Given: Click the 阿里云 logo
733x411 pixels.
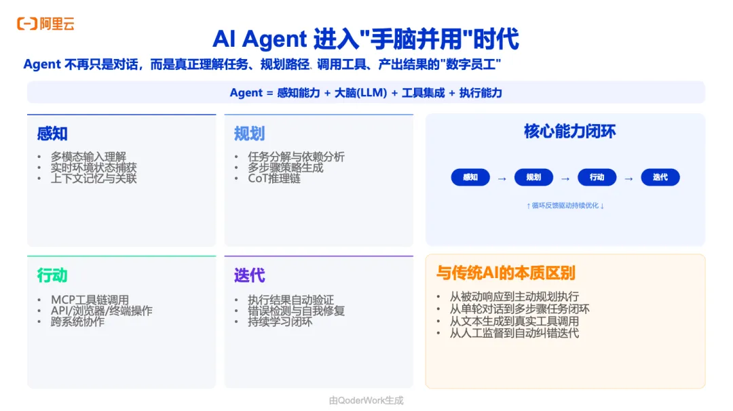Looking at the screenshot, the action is coord(45,24).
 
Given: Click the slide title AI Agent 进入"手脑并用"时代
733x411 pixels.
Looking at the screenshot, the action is coord(366,39).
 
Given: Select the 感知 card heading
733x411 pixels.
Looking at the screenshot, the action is coord(52,134).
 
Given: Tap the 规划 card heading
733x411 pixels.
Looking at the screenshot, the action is coord(249,134).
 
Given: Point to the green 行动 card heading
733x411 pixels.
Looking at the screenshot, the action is coord(52,276).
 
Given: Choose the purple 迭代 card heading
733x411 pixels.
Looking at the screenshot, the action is coord(249,276).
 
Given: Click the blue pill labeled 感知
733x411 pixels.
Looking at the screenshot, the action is coord(470,178).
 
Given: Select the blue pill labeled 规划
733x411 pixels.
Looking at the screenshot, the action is coord(533,178).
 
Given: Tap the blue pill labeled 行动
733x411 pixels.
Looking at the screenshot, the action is coord(597,178).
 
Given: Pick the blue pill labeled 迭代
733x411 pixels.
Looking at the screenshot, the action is coord(660,178).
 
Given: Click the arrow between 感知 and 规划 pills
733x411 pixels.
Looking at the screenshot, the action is coord(502,178).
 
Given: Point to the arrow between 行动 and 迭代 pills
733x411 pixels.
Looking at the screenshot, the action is coord(628,178).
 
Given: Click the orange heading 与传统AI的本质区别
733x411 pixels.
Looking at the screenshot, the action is coord(505,273).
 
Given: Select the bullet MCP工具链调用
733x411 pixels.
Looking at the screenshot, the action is coord(90,300).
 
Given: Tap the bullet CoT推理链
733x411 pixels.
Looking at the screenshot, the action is coord(274,178).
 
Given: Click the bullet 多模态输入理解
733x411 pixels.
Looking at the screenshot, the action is coord(88,157).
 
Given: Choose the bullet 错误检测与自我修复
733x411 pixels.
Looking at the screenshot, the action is coord(296,311).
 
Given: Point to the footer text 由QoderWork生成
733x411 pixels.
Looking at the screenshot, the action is coord(366,400).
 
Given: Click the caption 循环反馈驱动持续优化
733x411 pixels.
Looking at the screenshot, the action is coord(565,206).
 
